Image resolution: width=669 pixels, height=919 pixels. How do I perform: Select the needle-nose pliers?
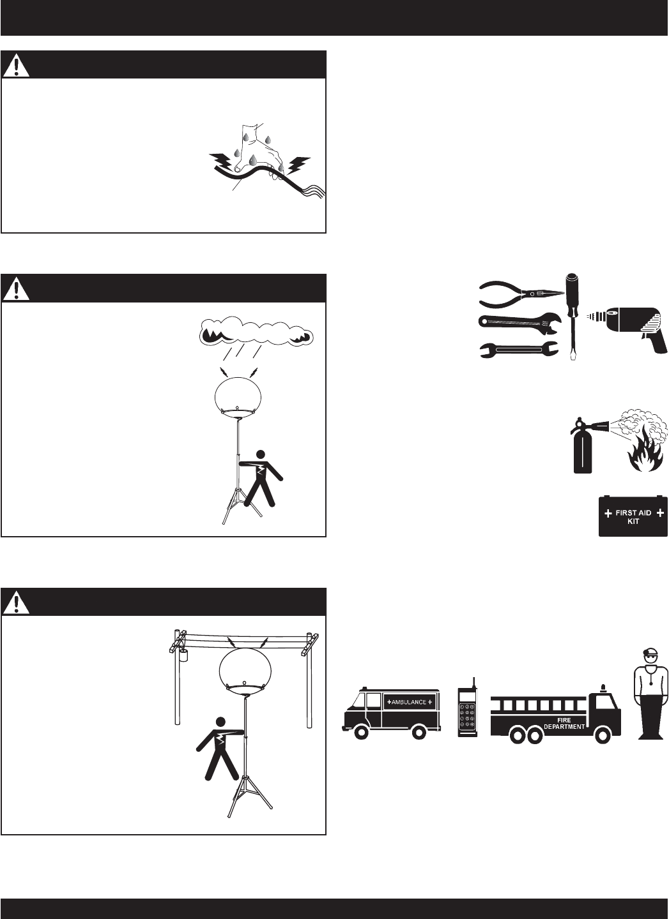521,294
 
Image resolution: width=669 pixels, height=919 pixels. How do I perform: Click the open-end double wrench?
519,350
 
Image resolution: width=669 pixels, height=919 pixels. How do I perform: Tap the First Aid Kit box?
633,516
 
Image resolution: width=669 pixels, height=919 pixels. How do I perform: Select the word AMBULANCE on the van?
409,702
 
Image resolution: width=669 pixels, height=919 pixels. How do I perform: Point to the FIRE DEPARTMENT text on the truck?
564,723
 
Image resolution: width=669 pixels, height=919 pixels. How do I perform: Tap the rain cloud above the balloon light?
256,331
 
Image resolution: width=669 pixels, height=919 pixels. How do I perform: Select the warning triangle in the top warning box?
15,66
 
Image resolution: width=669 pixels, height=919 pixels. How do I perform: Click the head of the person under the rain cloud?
261,454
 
